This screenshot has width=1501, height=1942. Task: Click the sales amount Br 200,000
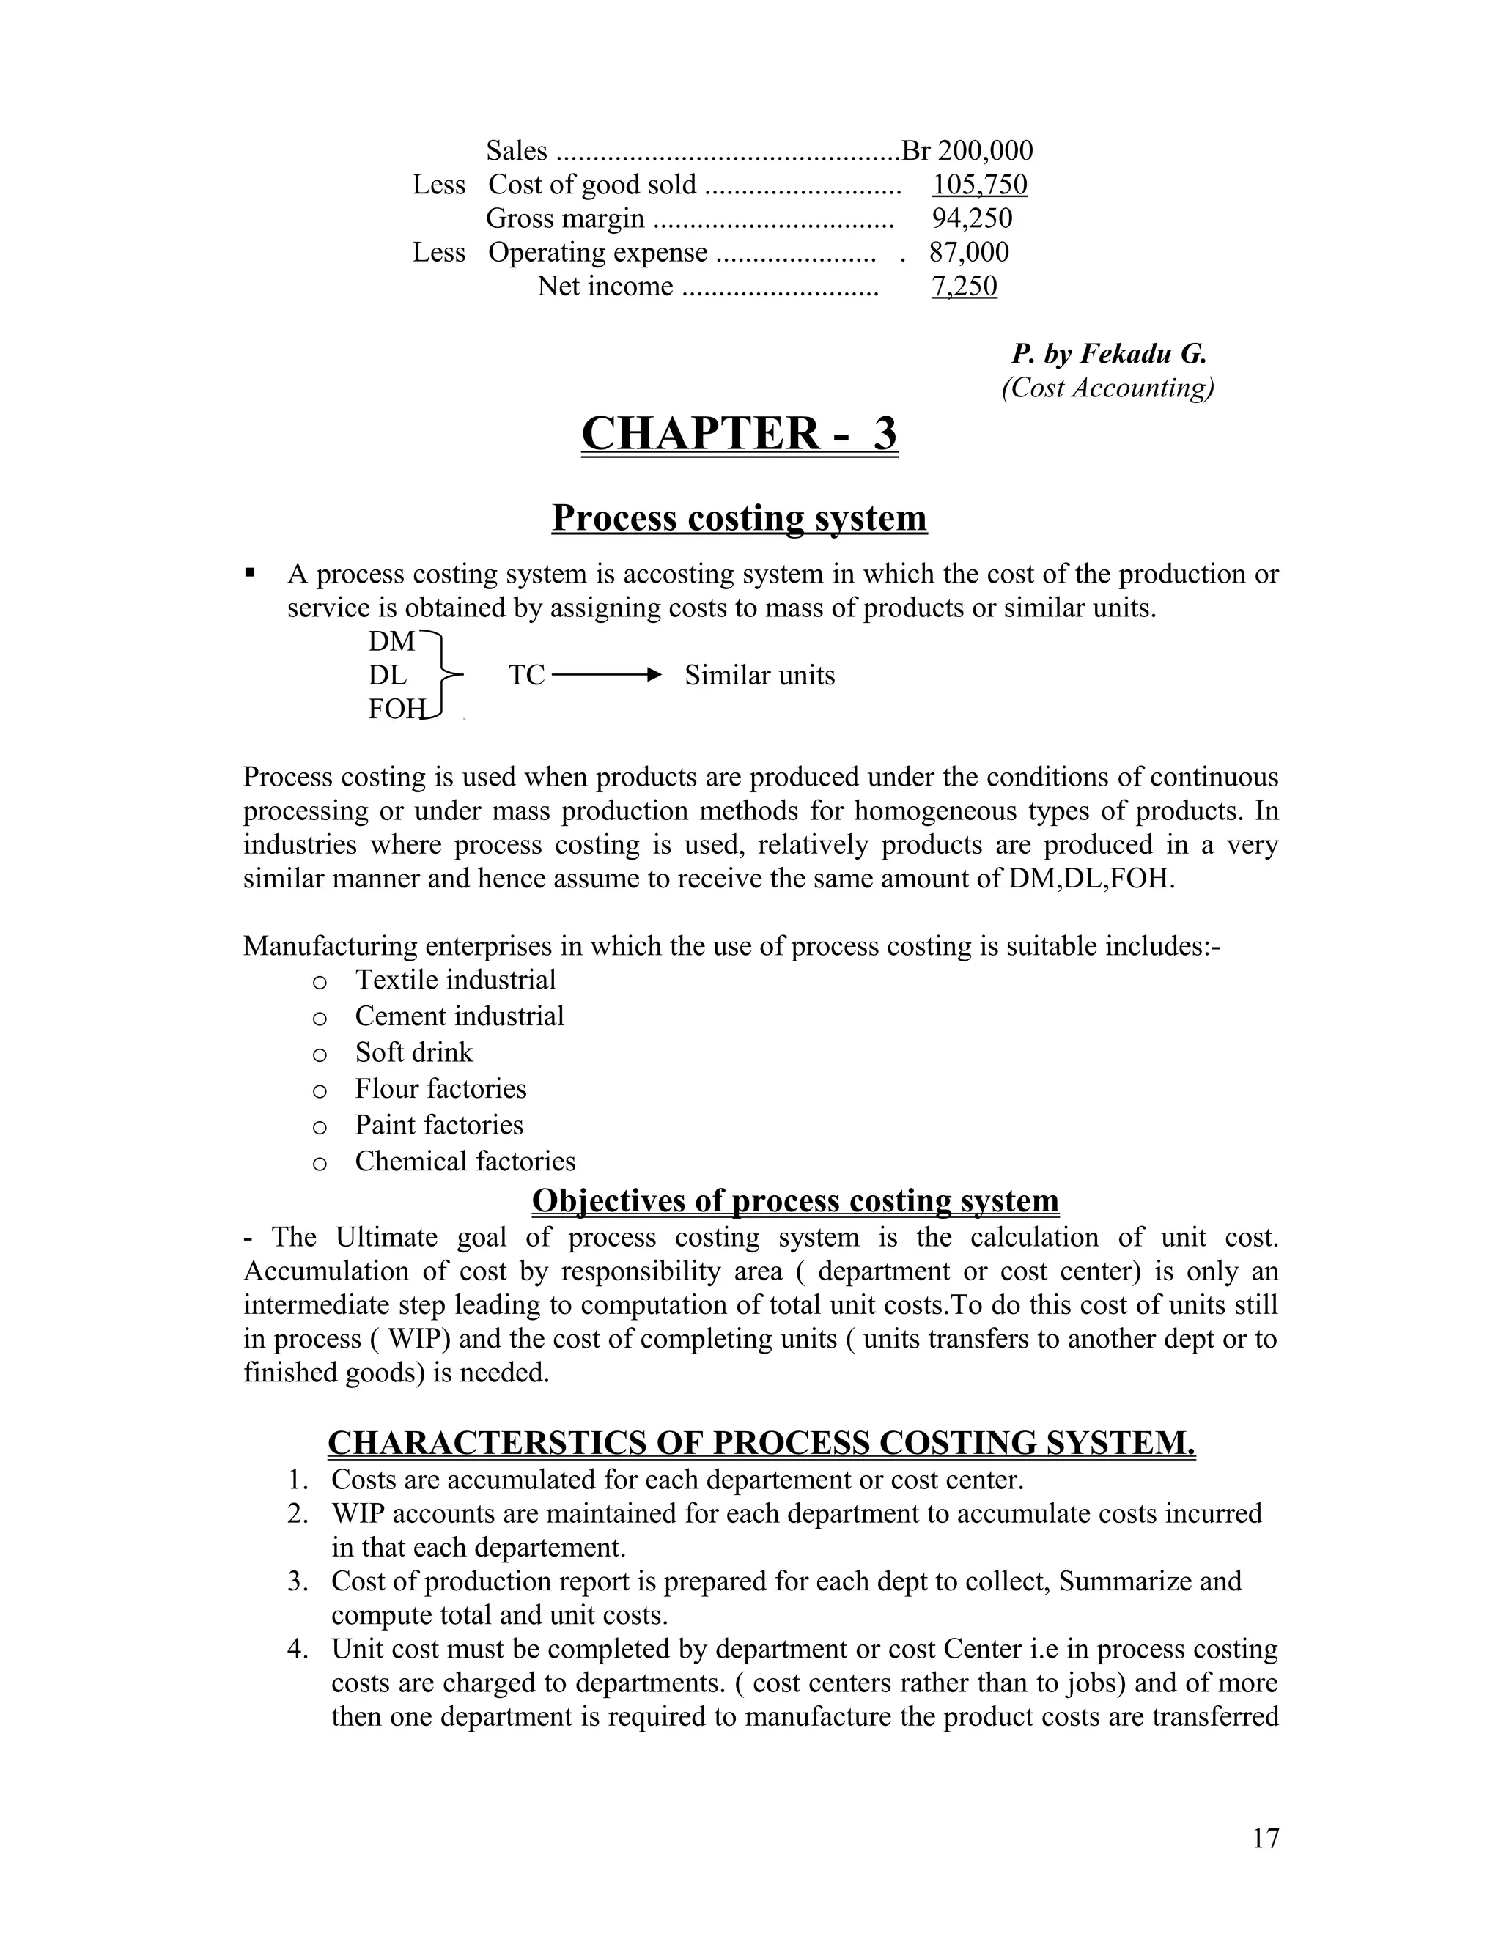(967, 150)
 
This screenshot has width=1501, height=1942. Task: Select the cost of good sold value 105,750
(979, 184)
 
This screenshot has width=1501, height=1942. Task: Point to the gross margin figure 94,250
(971, 218)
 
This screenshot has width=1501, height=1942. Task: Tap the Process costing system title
(739, 517)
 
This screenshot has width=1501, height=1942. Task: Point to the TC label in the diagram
(525, 675)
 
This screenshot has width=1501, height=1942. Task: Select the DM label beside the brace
(391, 641)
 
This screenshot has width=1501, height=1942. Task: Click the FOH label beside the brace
(394, 709)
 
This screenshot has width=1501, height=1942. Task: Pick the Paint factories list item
(439, 1125)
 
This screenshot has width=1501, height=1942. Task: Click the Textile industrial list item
(455, 979)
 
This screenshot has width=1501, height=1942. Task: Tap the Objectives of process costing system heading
(795, 1200)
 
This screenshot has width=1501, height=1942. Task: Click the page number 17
(1265, 1839)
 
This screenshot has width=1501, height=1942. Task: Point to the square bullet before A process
(250, 574)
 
